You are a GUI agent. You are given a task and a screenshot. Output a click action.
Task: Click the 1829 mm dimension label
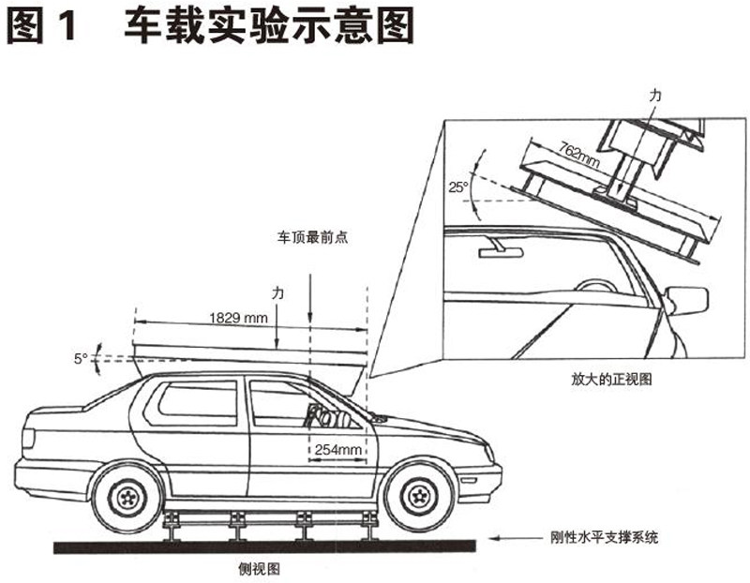pyautogui.click(x=238, y=319)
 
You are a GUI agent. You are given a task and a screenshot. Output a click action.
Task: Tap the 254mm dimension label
pyautogui.click(x=338, y=451)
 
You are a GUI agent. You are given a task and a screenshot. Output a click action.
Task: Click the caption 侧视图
pyautogui.click(x=261, y=568)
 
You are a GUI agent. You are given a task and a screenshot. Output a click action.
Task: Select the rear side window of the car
pyautogui.click(x=197, y=403)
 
